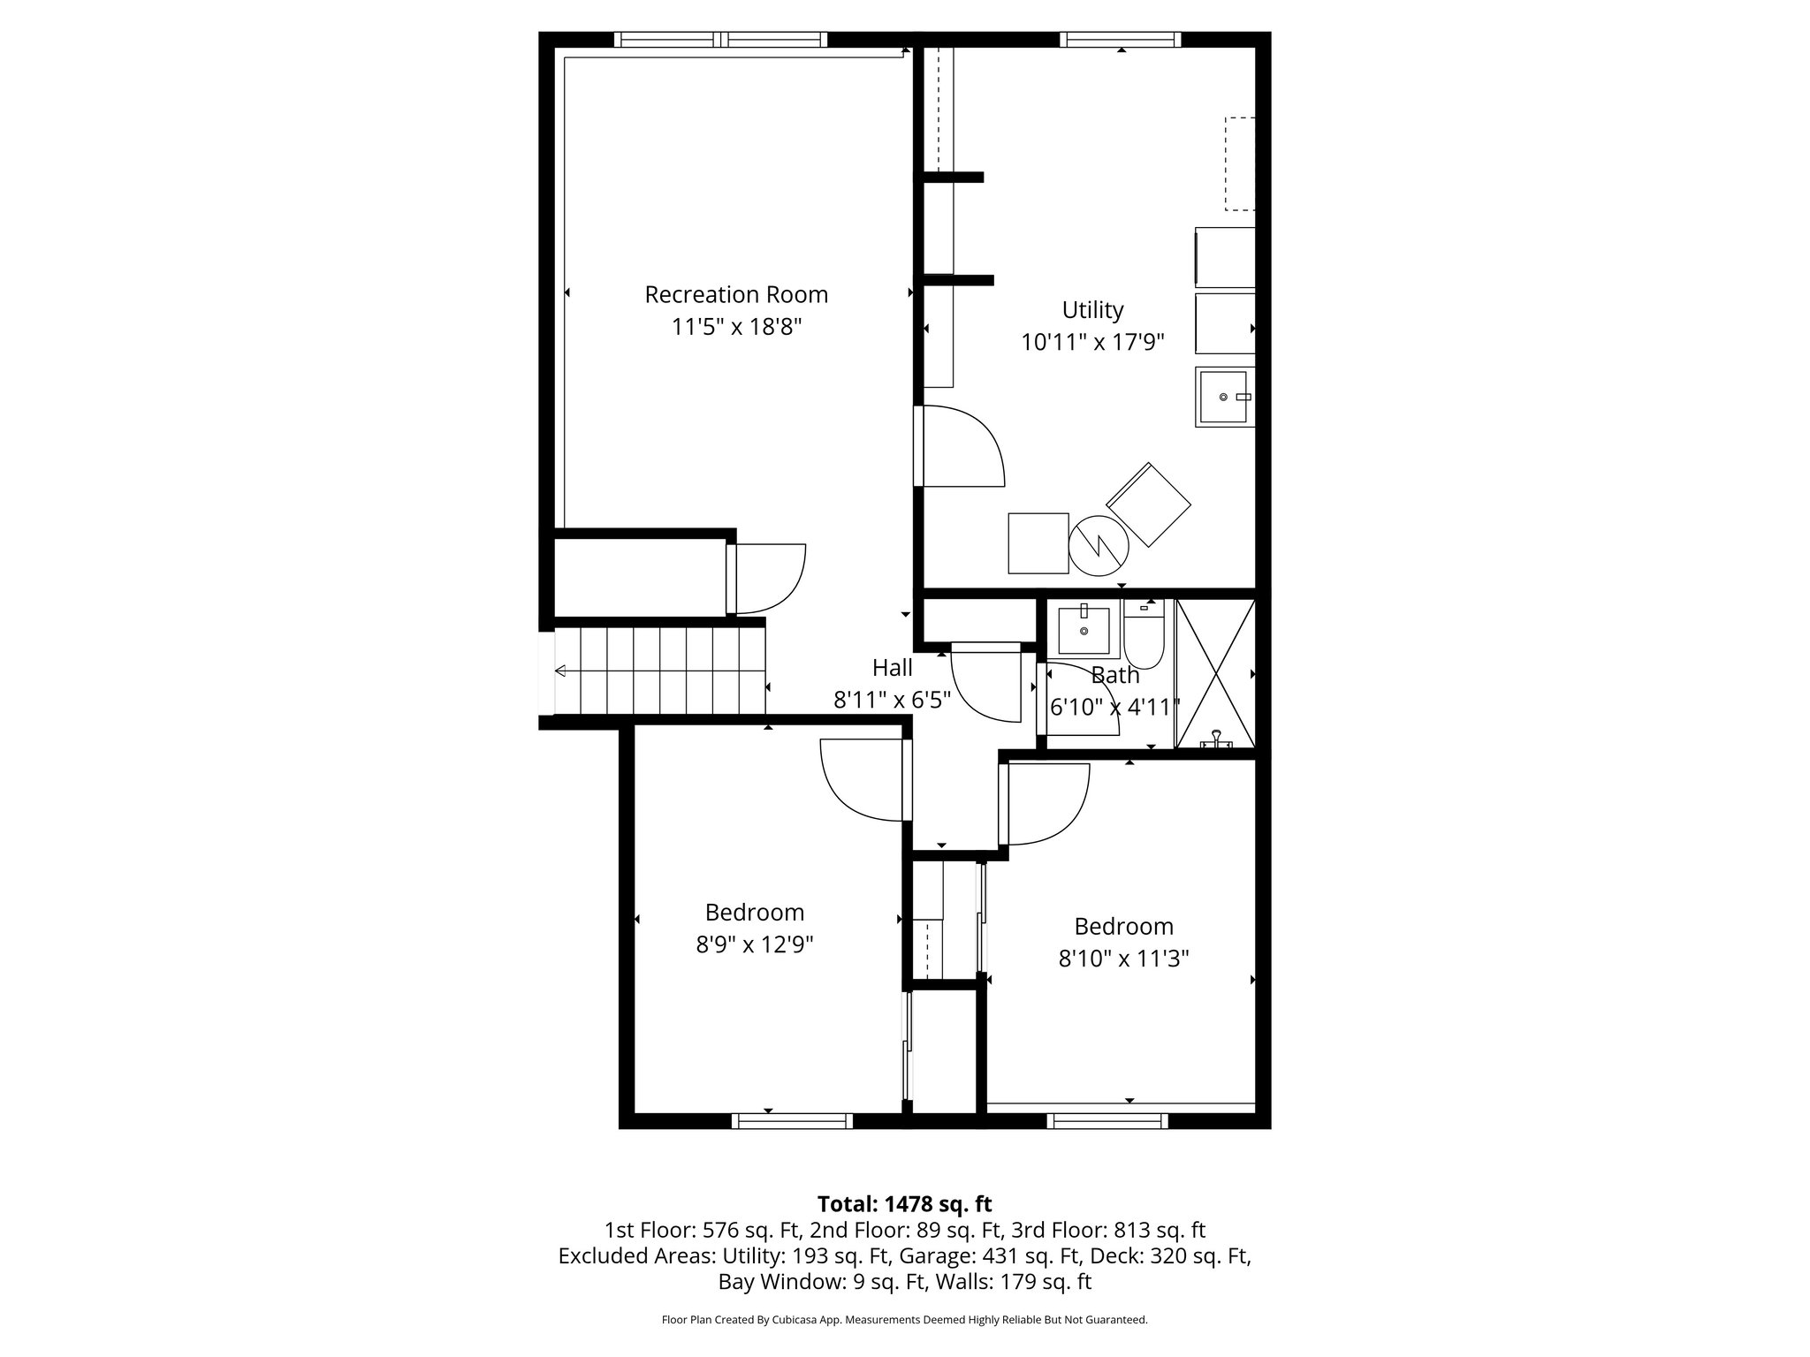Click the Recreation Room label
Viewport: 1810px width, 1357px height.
click(736, 294)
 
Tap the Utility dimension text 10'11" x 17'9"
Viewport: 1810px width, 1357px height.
click(1092, 343)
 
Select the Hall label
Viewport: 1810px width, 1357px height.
click(892, 667)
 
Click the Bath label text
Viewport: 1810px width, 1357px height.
click(1114, 676)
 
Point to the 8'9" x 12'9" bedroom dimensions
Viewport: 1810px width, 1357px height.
click(754, 944)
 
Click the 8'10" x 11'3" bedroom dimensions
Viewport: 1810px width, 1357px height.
click(1123, 959)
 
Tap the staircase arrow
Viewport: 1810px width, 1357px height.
click(560, 671)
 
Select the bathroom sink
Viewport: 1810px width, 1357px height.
click(1084, 630)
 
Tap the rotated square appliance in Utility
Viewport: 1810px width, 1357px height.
click(1148, 504)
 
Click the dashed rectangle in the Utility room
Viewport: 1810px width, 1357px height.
click(1239, 163)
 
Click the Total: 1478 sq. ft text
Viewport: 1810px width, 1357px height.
click(904, 1204)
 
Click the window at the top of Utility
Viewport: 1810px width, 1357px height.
click(1120, 39)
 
